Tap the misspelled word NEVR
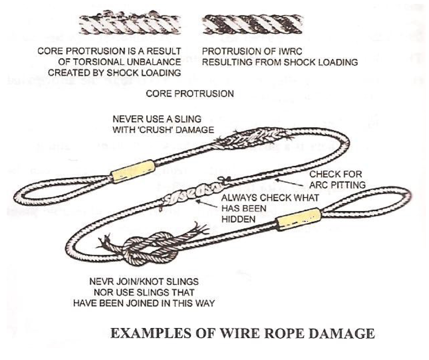[x=100, y=282]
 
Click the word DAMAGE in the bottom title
[x=343, y=334]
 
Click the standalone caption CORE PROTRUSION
[x=190, y=94]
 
